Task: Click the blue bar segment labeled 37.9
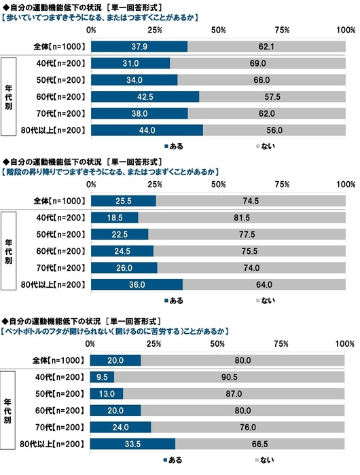pyautogui.click(x=139, y=46)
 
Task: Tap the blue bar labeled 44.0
pyautogui.click(x=146, y=130)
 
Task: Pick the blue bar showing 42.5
pyautogui.click(x=144, y=96)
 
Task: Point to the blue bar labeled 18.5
pyautogui.click(x=113, y=217)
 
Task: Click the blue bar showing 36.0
pyautogui.click(x=136, y=284)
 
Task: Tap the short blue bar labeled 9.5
pyautogui.click(x=102, y=376)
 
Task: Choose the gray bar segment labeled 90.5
pyautogui.click(x=231, y=376)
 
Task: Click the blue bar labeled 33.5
pyautogui.click(x=132, y=443)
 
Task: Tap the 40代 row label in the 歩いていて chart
pyautogui.click(x=62, y=63)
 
